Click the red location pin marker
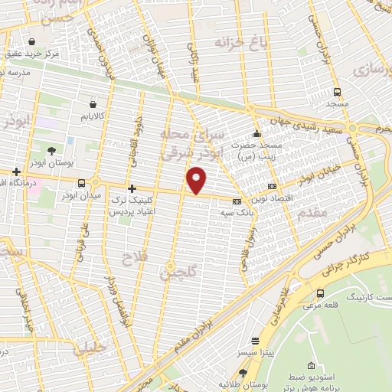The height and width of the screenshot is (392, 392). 197,181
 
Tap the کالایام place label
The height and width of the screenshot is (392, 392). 92,116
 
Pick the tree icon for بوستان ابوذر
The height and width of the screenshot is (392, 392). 51,151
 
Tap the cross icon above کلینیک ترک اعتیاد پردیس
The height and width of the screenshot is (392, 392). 132,188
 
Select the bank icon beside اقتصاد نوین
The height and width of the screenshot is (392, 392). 272,187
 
